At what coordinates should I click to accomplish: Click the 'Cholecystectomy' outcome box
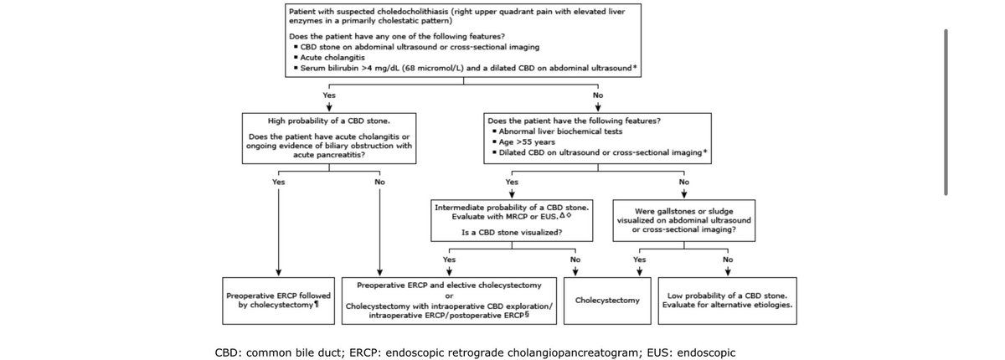click(x=607, y=301)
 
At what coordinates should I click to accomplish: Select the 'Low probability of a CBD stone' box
click(x=727, y=301)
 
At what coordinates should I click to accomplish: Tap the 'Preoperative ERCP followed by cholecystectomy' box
click(x=278, y=301)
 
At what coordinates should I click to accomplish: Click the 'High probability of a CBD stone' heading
click(x=329, y=121)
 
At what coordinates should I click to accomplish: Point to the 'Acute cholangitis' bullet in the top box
click(x=332, y=58)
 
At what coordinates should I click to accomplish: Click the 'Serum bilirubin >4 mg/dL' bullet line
click(x=466, y=68)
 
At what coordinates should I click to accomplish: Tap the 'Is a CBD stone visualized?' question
click(x=512, y=232)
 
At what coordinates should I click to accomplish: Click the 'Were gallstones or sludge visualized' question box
click(x=683, y=220)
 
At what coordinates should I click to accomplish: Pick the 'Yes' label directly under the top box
click(x=329, y=95)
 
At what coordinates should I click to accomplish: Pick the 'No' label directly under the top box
click(x=598, y=95)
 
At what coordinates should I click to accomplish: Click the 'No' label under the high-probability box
click(x=379, y=182)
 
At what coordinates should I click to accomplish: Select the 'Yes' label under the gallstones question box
click(x=639, y=260)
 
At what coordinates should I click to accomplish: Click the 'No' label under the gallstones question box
click(x=728, y=260)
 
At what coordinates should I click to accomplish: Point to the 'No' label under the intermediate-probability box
click(x=575, y=260)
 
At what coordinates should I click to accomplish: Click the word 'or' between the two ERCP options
click(x=449, y=296)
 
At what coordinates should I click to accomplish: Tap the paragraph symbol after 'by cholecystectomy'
click(x=317, y=305)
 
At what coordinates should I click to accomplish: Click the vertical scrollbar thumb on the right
click(x=946, y=112)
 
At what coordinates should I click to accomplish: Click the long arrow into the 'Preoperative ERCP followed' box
click(x=278, y=232)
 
